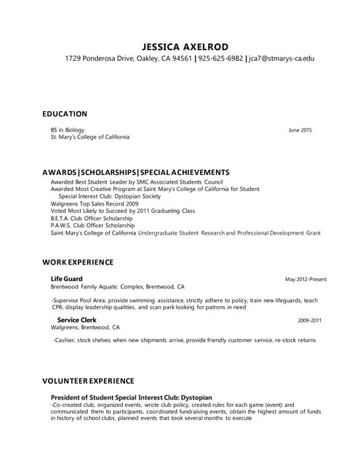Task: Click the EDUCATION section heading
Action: [x=65, y=114]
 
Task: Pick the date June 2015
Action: [x=300, y=130]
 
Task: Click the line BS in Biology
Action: [x=68, y=130]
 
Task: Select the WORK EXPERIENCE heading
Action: [x=78, y=262]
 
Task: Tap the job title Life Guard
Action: [x=66, y=279]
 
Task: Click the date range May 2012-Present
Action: [x=305, y=279]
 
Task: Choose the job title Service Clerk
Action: [x=76, y=320]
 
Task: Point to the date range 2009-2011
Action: [x=310, y=320]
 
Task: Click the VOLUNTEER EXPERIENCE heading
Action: [x=88, y=381]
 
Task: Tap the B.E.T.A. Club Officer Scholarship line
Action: [x=93, y=218]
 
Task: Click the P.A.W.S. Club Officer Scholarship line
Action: [x=94, y=225]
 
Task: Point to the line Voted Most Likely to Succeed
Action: [x=123, y=211]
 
